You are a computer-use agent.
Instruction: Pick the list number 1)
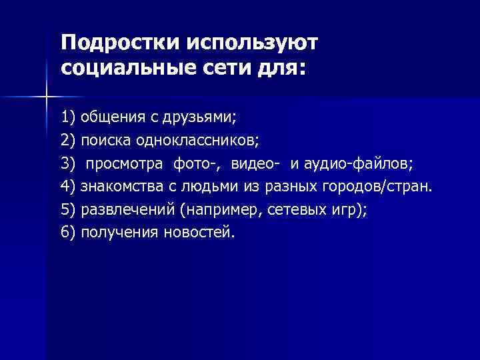[x=68, y=118]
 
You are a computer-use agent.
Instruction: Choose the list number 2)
[x=68, y=141]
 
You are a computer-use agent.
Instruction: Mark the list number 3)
[x=68, y=164]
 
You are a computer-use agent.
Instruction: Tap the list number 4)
[x=68, y=187]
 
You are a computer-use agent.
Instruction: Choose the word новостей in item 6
[x=199, y=233]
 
